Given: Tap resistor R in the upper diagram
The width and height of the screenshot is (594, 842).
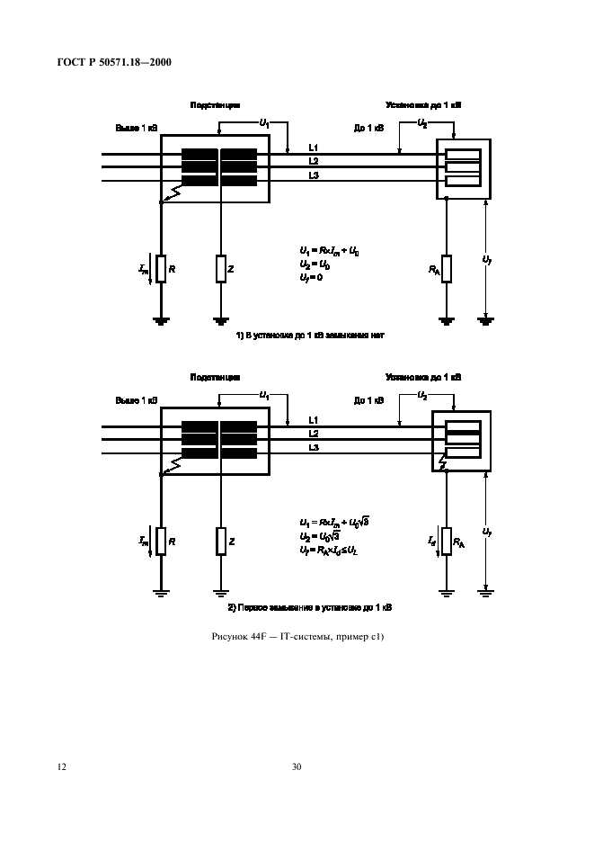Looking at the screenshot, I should pos(160,268).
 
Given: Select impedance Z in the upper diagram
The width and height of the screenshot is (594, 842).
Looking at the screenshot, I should pos(219,268).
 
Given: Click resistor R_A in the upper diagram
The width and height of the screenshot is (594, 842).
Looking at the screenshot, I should pos(446,268).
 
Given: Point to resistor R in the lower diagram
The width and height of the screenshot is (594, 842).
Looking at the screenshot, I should pos(160,542).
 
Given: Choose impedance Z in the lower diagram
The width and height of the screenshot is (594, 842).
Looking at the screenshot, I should pos(219,542).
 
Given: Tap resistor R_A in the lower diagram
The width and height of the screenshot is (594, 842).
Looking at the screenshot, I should pos(446,542).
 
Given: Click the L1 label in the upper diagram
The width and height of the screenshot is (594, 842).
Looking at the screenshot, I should pos(313,147).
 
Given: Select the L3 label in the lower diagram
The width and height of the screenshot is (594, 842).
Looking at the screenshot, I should pos(313,447).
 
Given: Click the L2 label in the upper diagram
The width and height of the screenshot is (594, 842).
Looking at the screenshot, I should pos(313,161).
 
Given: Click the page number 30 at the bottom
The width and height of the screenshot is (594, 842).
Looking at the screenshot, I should pos(297,767).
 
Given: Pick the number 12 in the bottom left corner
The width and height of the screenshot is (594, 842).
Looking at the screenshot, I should pos(61,767).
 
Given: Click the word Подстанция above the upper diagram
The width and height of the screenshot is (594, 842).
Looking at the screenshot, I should pos(215,105).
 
